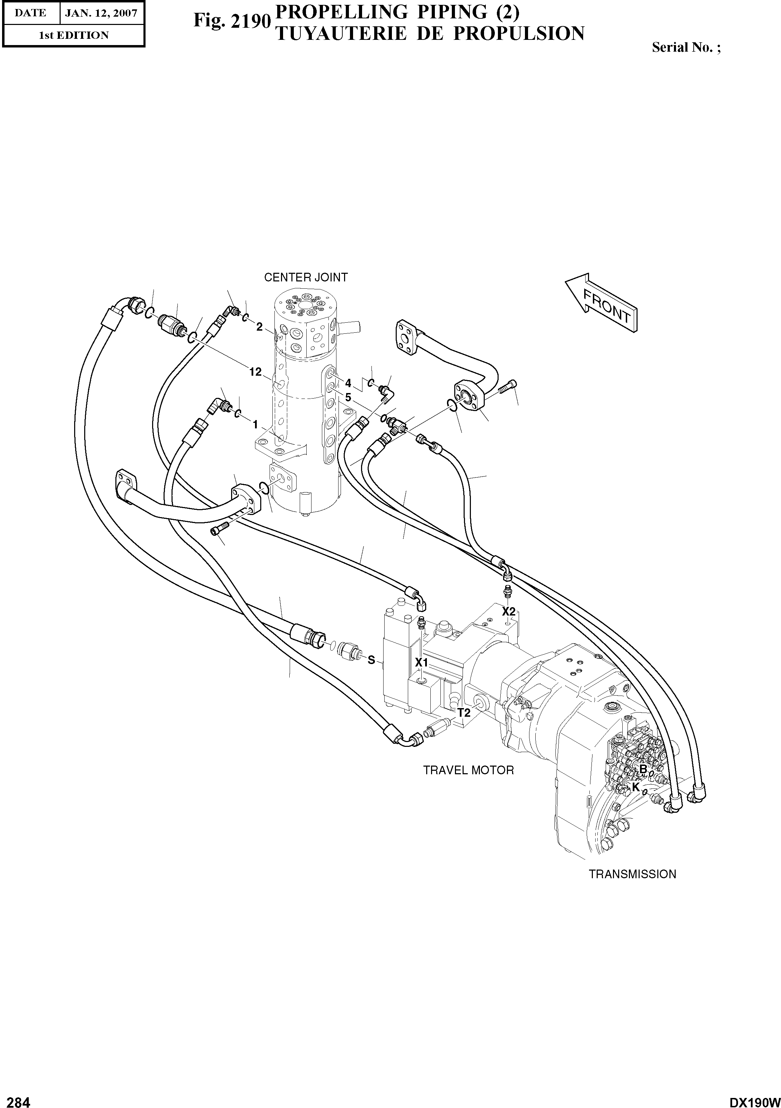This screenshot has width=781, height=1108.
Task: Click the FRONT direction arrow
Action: (x=602, y=304)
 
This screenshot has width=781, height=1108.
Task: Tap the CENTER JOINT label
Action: (x=306, y=278)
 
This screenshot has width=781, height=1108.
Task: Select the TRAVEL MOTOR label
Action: (x=468, y=770)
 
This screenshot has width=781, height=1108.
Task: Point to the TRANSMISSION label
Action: (x=632, y=874)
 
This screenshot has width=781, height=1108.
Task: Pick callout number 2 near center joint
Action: (x=259, y=327)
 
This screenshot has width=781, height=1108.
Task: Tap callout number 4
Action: (x=348, y=383)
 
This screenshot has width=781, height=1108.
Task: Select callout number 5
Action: (x=348, y=398)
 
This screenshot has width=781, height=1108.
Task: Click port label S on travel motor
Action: (x=371, y=660)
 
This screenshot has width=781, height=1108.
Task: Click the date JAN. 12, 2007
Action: (x=101, y=13)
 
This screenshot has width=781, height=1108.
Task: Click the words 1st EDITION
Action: (x=73, y=35)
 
